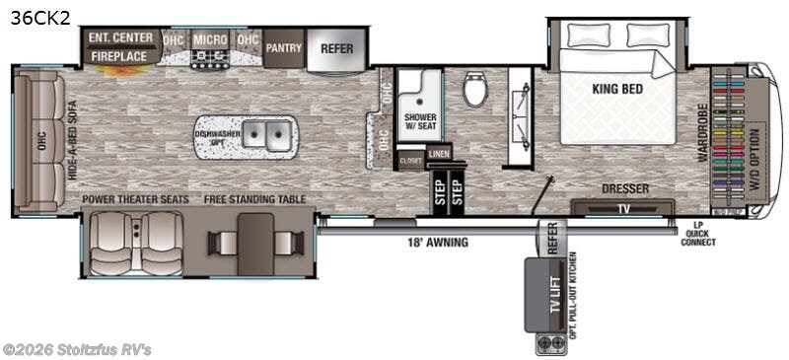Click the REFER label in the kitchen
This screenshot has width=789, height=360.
(337, 46)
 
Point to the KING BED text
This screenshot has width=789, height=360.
(617, 89)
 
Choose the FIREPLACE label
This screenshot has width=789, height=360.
(121, 57)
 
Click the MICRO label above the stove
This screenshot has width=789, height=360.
(210, 39)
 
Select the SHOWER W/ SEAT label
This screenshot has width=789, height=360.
(419, 123)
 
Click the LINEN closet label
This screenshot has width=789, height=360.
(440, 154)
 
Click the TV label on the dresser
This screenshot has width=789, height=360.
(622, 208)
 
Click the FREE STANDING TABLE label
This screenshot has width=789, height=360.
(255, 199)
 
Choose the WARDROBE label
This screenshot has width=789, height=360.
(703, 134)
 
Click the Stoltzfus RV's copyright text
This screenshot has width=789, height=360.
(77, 349)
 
